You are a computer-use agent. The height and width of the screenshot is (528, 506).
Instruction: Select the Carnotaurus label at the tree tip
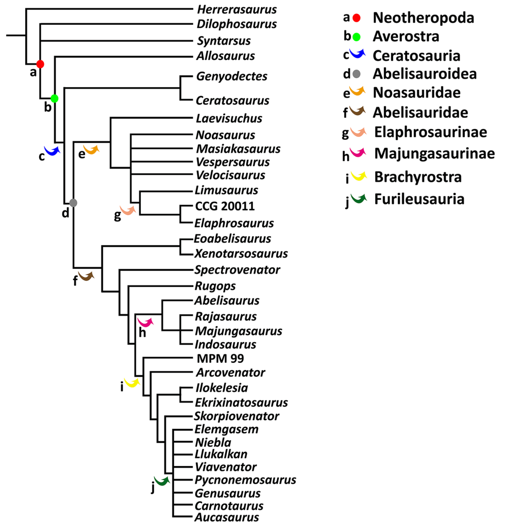coord(229,506)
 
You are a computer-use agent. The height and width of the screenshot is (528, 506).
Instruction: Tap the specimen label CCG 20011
coord(225,206)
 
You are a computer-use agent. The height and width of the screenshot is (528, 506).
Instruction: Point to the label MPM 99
coord(220,358)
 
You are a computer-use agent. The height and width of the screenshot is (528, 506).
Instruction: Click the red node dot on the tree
coord(40,64)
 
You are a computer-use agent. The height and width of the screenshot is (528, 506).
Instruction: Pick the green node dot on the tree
coord(55,98)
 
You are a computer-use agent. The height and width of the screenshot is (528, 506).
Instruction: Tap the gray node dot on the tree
coord(73,202)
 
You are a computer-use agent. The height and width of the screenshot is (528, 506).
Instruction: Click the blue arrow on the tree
coord(53,150)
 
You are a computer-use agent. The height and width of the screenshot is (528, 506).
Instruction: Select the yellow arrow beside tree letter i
coord(132,383)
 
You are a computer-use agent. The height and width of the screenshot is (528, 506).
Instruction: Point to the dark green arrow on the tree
coord(162,482)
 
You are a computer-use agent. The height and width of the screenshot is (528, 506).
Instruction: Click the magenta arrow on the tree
coord(146,323)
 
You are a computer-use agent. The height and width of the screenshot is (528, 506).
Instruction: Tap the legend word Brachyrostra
coord(417,177)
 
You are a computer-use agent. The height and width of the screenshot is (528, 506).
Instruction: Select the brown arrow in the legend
coord(357,110)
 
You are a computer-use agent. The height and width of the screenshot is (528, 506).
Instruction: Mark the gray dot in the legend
coord(357,74)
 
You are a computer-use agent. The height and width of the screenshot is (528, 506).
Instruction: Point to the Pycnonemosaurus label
coord(245,480)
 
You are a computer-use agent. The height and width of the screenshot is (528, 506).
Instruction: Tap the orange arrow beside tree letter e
coord(91,150)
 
